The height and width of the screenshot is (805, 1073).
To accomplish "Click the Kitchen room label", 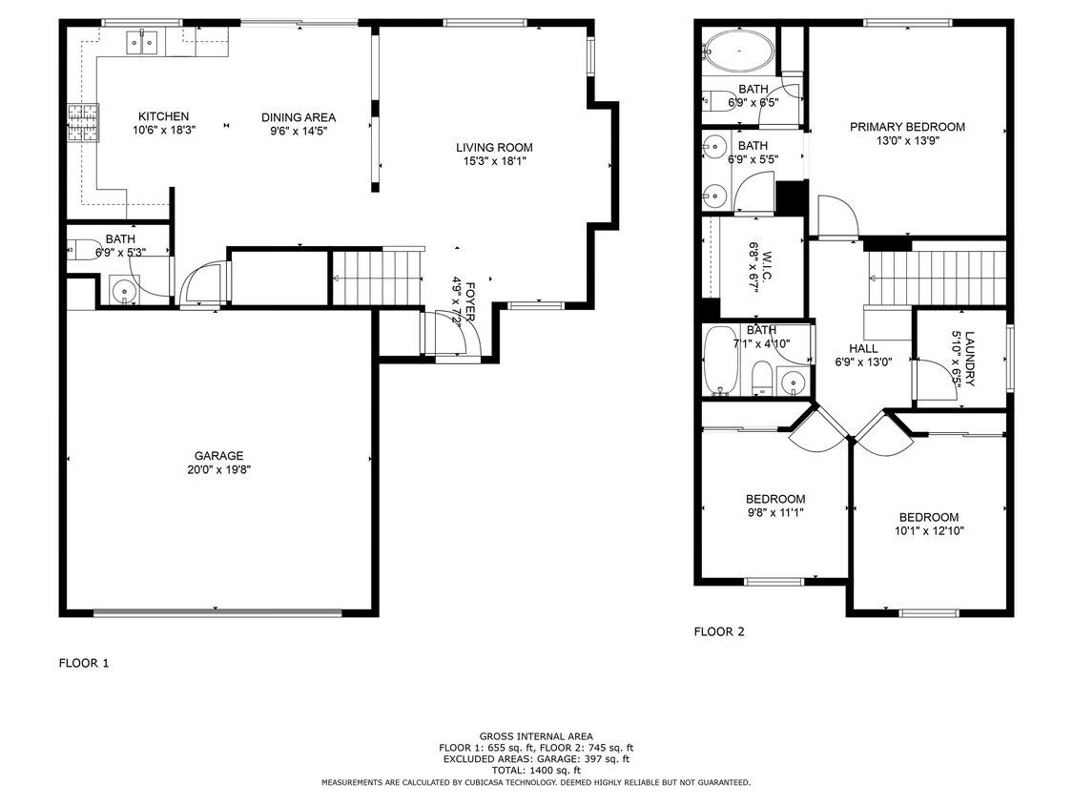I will coord(163,116).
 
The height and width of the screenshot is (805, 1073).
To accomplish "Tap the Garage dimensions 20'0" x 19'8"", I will coord(219,469).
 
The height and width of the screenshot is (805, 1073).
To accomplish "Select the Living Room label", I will coord(493,147).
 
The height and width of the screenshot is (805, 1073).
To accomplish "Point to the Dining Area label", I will coord(299,117).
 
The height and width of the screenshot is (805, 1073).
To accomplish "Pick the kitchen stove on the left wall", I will coord(82,123).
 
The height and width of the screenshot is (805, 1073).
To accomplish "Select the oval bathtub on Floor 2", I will coord(738,50).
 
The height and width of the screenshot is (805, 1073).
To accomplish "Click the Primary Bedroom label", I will coord(906,127).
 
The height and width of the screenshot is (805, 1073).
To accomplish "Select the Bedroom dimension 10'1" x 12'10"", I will coord(929,531).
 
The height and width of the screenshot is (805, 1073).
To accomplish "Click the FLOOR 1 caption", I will coord(84,663).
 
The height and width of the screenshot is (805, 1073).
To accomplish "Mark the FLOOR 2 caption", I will coord(718,631).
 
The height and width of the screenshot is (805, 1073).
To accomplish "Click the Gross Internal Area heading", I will coord(535,736).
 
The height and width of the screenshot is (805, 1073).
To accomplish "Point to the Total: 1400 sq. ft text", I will coord(535,770).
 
